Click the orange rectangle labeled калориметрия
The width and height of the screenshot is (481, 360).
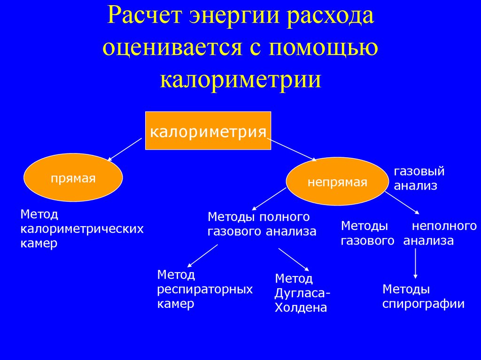208,130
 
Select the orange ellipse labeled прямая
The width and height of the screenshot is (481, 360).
73,178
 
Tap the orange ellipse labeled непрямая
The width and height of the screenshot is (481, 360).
337,182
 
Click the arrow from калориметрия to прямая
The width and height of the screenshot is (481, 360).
125,149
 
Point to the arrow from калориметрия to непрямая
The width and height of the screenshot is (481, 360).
292,150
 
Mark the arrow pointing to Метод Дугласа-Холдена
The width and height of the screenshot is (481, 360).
294,260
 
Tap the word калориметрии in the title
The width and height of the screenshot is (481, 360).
241,79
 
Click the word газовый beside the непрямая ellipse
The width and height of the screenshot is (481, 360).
419,171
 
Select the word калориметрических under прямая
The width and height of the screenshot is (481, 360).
82,229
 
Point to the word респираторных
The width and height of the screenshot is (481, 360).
205,289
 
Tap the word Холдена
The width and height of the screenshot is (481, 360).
301,308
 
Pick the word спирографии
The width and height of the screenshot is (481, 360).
423,304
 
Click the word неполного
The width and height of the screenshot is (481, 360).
444,226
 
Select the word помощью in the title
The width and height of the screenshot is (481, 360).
324,48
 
